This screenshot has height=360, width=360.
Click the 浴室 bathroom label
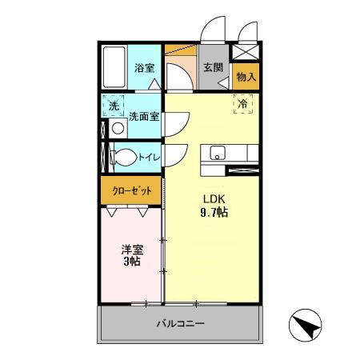pyautogui.click(x=145, y=68)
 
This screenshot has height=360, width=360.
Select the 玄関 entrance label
pyautogui.click(x=212, y=67)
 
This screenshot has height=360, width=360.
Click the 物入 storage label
pyautogui.click(x=246, y=78)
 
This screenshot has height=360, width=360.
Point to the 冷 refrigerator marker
pyautogui.click(x=242, y=103)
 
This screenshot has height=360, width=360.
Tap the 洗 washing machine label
pyautogui.click(x=114, y=106)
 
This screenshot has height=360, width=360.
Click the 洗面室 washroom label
pyautogui.click(x=144, y=116)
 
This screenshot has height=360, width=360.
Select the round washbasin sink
pyautogui.click(x=118, y=128)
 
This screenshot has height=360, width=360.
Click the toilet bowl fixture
pyautogui.click(x=123, y=158)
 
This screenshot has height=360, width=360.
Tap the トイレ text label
pyautogui.click(x=150, y=158)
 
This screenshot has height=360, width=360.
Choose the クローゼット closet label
pyautogui.click(x=131, y=191)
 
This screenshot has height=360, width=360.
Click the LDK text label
pyautogui.click(x=211, y=199)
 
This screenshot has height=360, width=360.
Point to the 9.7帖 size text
pyautogui.click(x=212, y=213)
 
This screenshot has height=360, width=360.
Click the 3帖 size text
pyautogui.click(x=130, y=262)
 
